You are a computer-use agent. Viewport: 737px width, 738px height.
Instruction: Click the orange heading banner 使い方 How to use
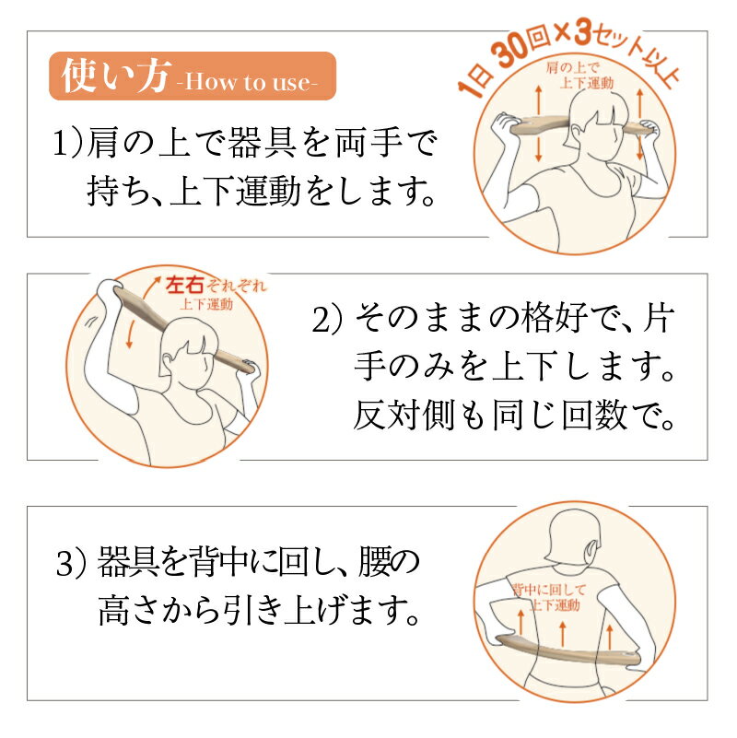tap(193, 76)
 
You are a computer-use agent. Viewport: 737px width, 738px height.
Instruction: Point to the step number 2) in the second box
tap(328, 320)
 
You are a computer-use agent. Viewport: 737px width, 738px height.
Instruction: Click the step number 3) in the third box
tap(72, 564)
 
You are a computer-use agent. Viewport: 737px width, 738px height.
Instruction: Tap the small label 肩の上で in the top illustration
tap(572, 67)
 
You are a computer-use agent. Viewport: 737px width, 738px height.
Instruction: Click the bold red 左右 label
tap(185, 286)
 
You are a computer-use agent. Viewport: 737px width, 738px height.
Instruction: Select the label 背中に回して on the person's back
tap(549, 590)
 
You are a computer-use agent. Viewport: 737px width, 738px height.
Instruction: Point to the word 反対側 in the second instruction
tap(404, 416)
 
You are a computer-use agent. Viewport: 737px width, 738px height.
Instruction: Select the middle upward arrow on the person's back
tap(563, 633)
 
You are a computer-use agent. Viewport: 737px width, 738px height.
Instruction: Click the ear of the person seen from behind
tap(591, 550)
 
